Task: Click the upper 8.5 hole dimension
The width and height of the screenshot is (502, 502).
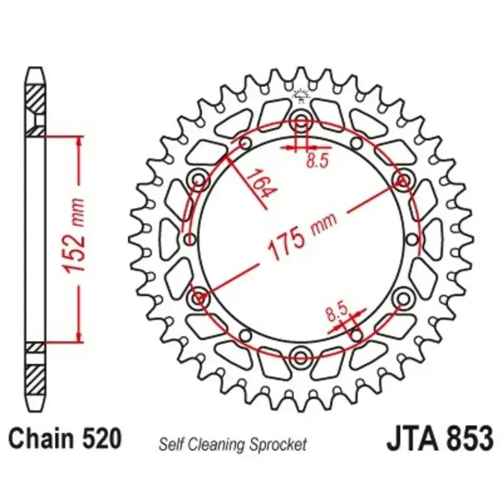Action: (x=318, y=160)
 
